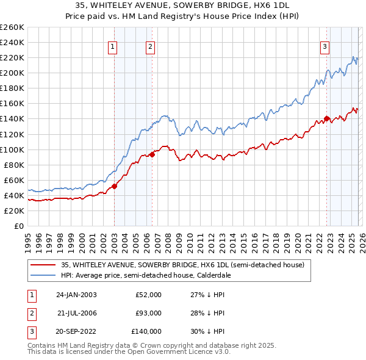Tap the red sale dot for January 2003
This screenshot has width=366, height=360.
[114, 186]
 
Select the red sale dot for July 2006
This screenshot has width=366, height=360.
[152, 154]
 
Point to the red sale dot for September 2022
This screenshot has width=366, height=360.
[326, 118]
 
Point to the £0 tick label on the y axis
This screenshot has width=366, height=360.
[19, 226]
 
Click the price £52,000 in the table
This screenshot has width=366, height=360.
[148, 295]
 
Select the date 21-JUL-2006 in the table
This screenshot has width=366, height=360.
[77, 313]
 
